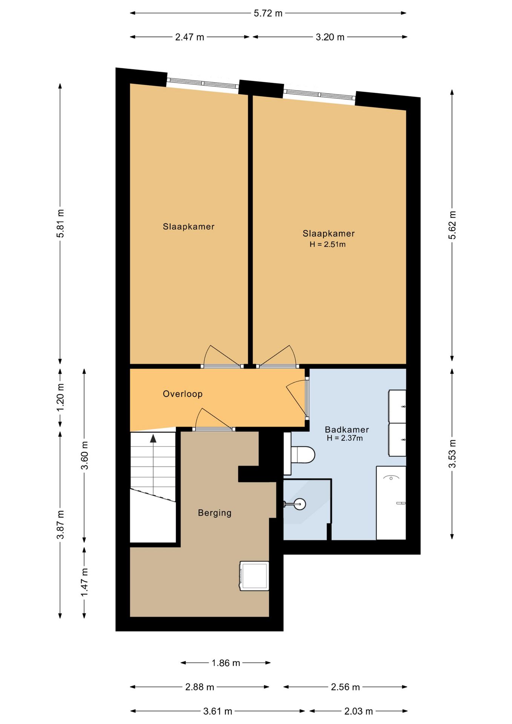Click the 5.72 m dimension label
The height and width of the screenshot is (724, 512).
[268, 14]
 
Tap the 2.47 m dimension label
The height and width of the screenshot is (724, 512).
[189, 37]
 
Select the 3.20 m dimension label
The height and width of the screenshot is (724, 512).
[330, 37]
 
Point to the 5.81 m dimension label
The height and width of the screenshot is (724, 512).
[60, 223]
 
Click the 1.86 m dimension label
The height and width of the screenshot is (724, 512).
[226, 663]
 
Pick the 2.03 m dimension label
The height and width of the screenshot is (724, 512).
[359, 711]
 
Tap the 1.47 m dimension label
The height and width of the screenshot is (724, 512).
[84, 583]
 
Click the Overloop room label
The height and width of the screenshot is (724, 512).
[183, 394]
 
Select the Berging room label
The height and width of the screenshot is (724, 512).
[215, 513]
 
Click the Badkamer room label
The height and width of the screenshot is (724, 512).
[347, 429]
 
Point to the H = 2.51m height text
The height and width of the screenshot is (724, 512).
[328, 244]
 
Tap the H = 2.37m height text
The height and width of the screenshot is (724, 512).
[345, 438]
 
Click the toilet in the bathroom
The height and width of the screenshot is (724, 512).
[299, 454]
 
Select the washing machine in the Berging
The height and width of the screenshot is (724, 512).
[254, 576]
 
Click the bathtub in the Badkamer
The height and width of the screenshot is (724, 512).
[391, 503]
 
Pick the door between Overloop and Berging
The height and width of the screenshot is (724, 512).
[214, 420]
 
